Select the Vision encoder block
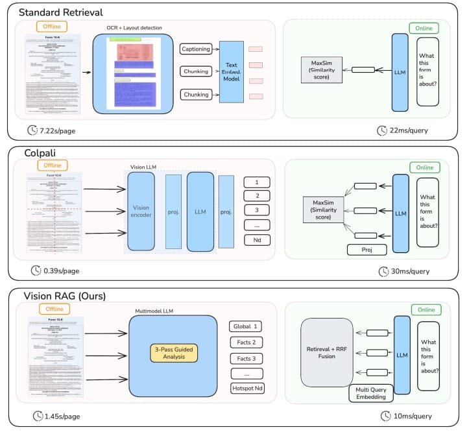pyautogui.click(x=141, y=211)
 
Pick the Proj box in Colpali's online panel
pyautogui.click(x=368, y=250)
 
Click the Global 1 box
pyautogui.click(x=247, y=326)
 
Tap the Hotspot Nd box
pyautogui.click(x=247, y=389)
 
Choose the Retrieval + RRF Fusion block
pyautogui.click(x=327, y=352)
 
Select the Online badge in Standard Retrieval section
pyautogui.click(x=424, y=28)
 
